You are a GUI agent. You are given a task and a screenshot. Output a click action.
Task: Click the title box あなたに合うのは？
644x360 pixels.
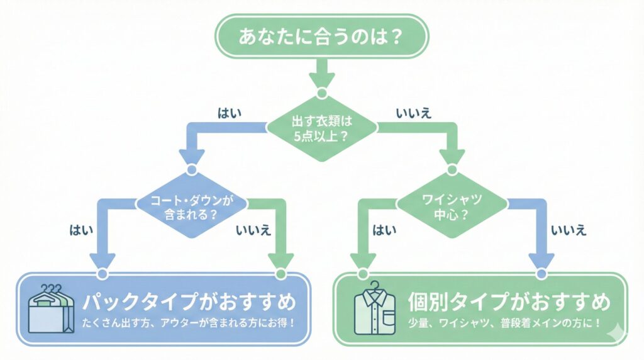[x=321, y=37]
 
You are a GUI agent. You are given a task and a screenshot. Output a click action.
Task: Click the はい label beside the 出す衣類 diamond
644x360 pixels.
[x=230, y=113]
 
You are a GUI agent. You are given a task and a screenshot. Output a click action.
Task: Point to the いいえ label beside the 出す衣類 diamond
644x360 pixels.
[x=413, y=113]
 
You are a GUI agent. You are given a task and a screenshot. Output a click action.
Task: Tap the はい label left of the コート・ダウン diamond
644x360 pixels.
[x=82, y=230]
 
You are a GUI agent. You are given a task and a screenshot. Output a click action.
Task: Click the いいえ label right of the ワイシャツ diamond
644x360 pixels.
[x=568, y=230]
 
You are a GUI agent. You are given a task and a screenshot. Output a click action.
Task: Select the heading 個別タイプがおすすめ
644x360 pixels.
[x=509, y=302]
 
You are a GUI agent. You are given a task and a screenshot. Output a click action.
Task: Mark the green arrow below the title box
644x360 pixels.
[x=321, y=74]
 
